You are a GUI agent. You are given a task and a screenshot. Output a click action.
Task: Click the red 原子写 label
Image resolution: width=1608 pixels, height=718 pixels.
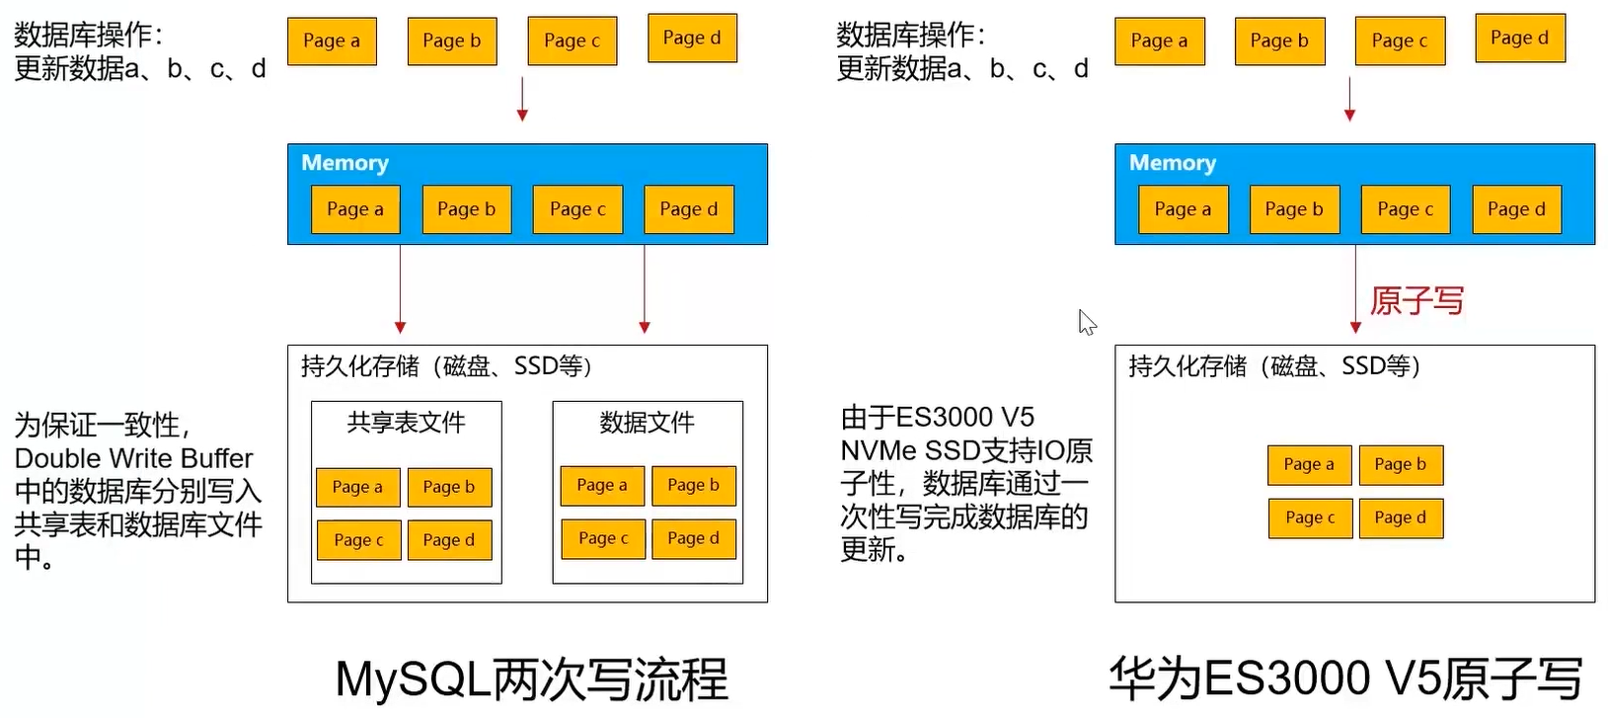tap(1417, 300)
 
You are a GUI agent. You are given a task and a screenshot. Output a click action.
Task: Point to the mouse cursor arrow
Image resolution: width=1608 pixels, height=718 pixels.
tap(1086, 322)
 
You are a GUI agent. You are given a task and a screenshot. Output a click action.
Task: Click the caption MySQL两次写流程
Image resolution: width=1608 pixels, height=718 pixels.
tap(531, 679)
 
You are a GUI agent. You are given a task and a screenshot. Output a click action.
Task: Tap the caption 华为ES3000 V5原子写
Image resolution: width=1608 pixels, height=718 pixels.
tap(1345, 679)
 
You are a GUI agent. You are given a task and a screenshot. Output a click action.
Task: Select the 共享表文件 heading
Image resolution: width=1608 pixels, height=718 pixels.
tap(406, 423)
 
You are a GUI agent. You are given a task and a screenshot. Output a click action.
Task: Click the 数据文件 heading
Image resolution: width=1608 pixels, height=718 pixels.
tap(647, 423)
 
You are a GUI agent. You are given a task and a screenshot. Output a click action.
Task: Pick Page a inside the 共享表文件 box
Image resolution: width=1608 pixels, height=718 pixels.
tap(357, 487)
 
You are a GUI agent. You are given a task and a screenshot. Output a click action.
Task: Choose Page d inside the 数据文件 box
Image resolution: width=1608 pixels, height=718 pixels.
tap(693, 538)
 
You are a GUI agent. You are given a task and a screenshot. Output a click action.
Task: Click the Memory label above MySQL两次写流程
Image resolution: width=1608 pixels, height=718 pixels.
tap(345, 163)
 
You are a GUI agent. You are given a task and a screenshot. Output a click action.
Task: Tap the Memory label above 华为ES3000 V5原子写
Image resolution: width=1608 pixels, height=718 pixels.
tap(1172, 163)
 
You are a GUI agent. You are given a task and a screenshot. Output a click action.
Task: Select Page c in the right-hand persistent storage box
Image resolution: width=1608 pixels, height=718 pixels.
tap(1309, 518)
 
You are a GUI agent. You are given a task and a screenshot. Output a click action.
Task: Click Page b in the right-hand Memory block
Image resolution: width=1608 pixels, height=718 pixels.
tap(1293, 209)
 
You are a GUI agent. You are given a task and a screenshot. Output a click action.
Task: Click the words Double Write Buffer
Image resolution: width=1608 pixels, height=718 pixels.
tap(133, 458)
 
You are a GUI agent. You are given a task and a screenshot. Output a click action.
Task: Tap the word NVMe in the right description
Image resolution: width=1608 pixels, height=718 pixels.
tap(879, 450)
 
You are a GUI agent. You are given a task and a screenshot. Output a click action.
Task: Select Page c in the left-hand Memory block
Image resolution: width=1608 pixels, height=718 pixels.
tap(577, 209)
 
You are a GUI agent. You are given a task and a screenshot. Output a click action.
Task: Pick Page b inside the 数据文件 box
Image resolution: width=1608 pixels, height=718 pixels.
tap(693, 485)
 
